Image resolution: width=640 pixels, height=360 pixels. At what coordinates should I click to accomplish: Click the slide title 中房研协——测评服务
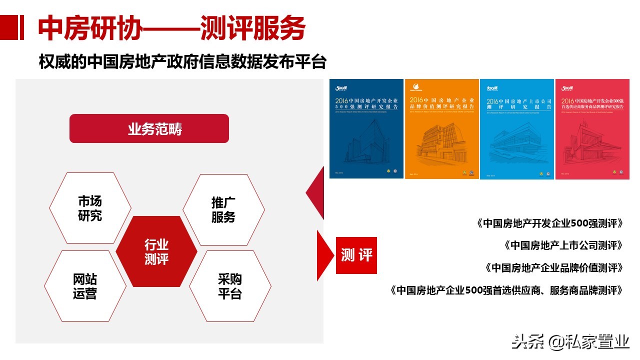171,28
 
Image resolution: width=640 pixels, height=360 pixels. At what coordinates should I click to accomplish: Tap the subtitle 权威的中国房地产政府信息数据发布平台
182,62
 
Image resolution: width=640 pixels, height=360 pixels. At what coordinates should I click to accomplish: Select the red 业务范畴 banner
149,129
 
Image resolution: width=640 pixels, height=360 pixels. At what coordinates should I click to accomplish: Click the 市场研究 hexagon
90,208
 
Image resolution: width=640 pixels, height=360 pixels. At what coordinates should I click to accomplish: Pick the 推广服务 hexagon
223,210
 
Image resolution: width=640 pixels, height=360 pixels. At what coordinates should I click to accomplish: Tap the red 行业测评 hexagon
156,251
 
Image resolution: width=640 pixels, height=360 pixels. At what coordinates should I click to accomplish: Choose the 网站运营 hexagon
85,286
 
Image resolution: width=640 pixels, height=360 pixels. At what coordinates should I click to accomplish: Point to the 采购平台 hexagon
230,286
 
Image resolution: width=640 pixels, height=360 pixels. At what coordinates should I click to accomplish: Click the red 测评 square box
356,255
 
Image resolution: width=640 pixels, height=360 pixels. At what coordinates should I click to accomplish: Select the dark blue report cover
366,128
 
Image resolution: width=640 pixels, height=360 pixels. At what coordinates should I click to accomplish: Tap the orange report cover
441,128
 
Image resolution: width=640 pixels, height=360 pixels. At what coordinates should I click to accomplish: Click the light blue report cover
517,128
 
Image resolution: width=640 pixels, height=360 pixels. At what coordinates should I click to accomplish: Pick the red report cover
592,128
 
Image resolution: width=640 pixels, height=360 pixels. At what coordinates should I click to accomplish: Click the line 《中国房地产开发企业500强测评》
549,223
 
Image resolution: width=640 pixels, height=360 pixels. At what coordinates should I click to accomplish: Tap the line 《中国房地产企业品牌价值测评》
554,268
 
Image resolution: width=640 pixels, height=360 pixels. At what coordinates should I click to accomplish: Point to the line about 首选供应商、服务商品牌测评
506,290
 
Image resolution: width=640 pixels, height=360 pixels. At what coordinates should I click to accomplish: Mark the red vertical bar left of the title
21,28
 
